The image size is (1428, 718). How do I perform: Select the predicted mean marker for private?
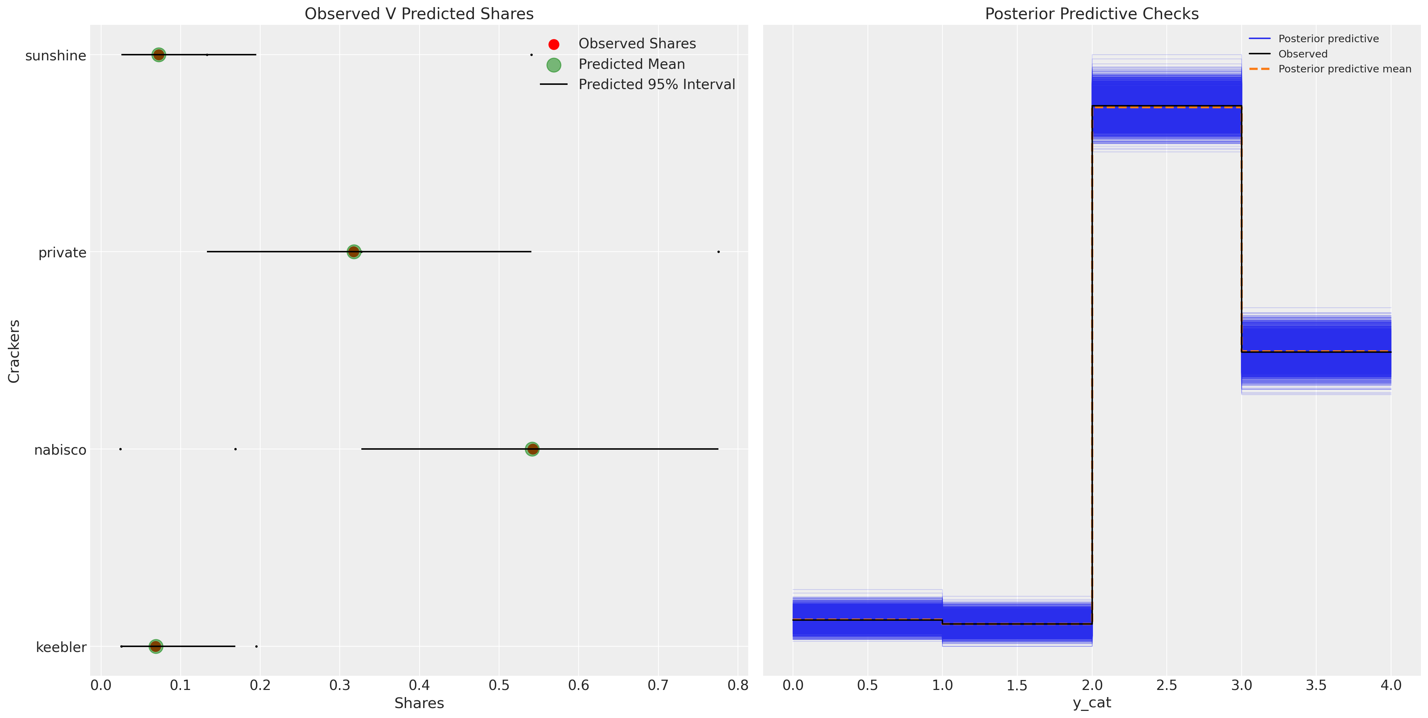click(x=354, y=252)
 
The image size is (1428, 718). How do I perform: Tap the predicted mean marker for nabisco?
click(x=532, y=449)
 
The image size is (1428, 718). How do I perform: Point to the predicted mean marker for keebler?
click(x=156, y=646)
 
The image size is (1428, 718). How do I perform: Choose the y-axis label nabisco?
click(x=60, y=450)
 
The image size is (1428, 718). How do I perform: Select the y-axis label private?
click(x=62, y=253)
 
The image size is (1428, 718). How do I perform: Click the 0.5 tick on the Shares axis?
click(x=499, y=686)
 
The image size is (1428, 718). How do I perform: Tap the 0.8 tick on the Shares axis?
click(x=738, y=686)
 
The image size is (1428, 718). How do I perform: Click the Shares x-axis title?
click(x=419, y=703)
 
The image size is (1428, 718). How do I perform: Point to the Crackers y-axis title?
click(x=14, y=351)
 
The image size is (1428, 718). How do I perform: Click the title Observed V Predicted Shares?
click(x=419, y=14)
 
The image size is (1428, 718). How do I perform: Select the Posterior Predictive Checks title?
click(x=1091, y=14)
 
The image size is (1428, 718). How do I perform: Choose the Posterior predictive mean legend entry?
click(x=1344, y=69)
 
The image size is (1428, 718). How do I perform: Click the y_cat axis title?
click(x=1091, y=703)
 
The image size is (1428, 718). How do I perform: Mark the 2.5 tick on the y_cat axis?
click(x=1167, y=686)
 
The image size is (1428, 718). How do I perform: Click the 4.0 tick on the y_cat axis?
click(x=1391, y=686)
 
